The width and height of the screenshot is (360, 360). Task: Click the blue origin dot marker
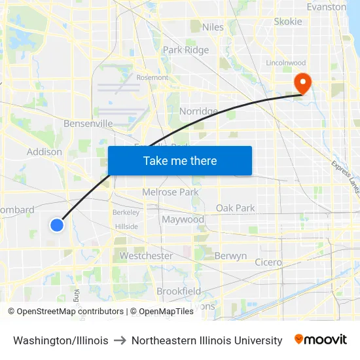tap(57, 225)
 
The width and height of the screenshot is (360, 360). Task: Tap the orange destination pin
tap(303, 83)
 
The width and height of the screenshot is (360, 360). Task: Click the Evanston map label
tap(326, 7)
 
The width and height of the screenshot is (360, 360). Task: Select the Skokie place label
tap(288, 22)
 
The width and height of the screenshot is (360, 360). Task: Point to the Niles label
tap(213, 27)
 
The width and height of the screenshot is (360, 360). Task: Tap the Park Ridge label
tap(186, 50)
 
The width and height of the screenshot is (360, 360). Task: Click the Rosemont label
tap(152, 77)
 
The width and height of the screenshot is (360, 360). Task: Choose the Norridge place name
tap(198, 112)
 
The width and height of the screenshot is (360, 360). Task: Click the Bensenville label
tap(88, 124)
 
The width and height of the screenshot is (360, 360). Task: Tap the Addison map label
tap(45, 152)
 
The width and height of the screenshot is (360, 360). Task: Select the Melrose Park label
tap(170, 192)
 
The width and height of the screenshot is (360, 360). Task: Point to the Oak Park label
tap(236, 208)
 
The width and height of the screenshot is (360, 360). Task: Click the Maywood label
tap(183, 220)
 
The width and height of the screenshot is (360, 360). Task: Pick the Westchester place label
tap(146, 256)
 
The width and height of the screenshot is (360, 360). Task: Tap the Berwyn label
tap(230, 256)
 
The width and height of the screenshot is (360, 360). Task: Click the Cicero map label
tap(268, 262)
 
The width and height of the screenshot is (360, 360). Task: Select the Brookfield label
tap(179, 291)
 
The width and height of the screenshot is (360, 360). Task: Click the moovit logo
tap(321, 340)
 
